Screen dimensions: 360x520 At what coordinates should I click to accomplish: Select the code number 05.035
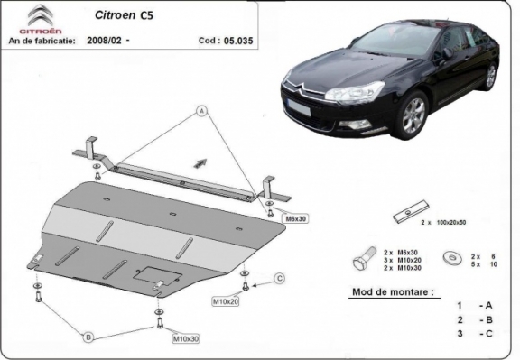click(x=237, y=41)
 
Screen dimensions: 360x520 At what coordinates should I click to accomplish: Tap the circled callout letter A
click(x=202, y=112)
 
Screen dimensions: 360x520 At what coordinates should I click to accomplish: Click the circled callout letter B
click(x=88, y=337)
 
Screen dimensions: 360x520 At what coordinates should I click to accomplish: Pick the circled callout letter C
click(x=279, y=277)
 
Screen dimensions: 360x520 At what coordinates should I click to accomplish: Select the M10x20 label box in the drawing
click(x=224, y=300)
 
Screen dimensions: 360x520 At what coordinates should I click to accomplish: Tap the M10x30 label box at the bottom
click(x=186, y=339)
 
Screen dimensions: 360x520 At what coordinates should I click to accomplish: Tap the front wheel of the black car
click(x=413, y=117)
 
